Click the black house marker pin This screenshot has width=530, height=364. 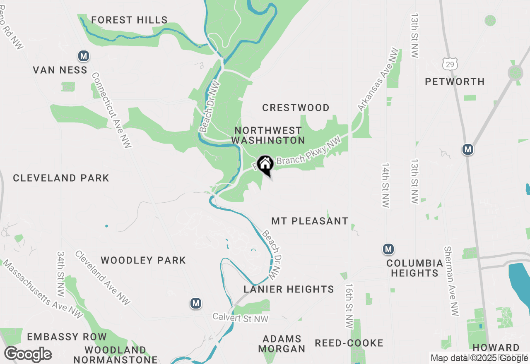265,165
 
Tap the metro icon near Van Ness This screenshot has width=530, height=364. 84,55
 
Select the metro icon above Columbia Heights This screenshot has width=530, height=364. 388,249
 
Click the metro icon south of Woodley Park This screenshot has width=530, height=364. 196,303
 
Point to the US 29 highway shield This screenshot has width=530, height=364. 450,64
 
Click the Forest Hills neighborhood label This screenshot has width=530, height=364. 129,20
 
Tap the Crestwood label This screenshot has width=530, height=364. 296,108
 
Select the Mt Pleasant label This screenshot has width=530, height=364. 310,221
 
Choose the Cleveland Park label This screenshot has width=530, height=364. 61,178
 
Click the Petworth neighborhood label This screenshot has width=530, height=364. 455,81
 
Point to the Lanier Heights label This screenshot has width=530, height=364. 289,289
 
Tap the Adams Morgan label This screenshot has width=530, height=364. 282,344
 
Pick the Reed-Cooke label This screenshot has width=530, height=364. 349,343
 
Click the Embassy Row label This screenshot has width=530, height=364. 67,337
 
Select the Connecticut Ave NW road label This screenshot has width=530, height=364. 111,110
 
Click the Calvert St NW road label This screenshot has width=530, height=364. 241,318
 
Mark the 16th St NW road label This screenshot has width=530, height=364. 349,306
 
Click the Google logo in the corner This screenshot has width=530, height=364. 28,354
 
